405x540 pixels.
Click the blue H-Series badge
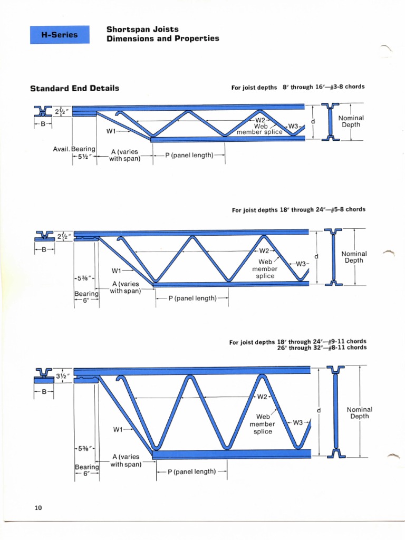point(59,35)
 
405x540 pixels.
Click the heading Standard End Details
point(74,88)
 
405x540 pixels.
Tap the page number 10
point(38,508)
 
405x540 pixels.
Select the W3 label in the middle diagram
point(302,264)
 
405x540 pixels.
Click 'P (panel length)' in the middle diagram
point(192,298)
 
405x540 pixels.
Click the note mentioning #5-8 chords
point(298,209)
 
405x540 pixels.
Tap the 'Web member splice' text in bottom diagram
point(262,424)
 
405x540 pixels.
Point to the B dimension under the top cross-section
point(43,125)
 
